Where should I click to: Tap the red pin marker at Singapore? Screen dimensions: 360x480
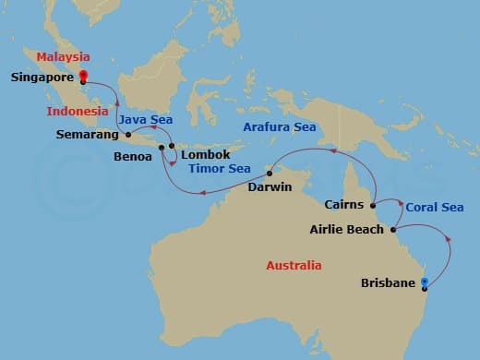(83, 77)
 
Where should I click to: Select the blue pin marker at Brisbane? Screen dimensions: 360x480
(425, 282)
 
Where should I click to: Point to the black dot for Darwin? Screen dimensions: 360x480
(269, 174)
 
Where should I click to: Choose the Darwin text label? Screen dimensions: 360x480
(270, 187)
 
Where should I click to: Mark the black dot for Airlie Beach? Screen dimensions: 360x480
(394, 229)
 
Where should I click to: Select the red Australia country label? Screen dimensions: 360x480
(294, 266)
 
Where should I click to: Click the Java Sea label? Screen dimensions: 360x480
(146, 119)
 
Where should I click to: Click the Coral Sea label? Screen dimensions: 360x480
(435, 208)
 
